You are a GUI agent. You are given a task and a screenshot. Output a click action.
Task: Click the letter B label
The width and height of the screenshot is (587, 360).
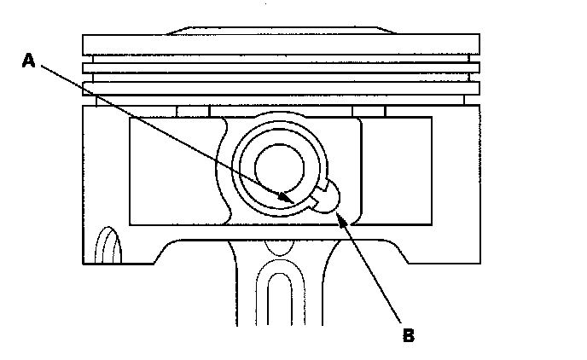408,334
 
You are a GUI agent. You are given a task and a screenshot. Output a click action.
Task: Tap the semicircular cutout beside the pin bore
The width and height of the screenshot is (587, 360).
334,194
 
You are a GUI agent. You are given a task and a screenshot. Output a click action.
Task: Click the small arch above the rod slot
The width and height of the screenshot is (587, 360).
279,248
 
